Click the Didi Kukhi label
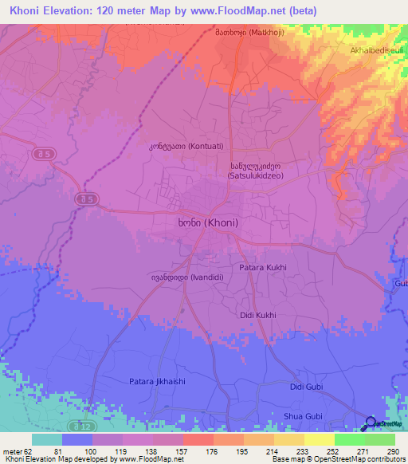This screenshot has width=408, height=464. (x=257, y=315)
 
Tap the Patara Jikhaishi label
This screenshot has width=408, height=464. (x=157, y=381)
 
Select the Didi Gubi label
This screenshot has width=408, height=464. (x=307, y=387)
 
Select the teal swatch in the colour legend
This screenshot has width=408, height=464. (x=46, y=438)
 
